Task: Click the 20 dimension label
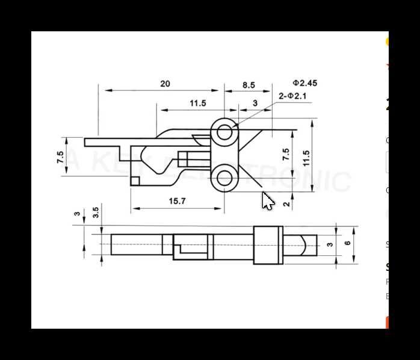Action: coord(165,84)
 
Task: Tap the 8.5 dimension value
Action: coord(249,85)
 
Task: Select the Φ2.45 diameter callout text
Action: coord(305,83)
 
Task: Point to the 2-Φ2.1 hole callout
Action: coord(293,96)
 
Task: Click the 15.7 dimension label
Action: coord(177,201)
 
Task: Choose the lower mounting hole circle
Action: coord(224,178)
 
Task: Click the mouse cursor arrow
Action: coord(267,201)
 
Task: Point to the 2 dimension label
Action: coord(286,203)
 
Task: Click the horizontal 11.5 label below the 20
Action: coord(197,104)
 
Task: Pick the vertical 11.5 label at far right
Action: coord(306,158)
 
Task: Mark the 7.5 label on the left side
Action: coord(60,158)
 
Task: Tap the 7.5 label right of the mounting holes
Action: coord(286,154)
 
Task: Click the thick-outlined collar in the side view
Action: coord(268,245)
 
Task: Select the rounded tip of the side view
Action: coord(308,244)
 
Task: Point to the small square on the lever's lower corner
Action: coord(135,180)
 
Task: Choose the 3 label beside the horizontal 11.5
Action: coord(255,104)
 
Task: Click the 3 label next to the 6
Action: coord(329,244)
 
